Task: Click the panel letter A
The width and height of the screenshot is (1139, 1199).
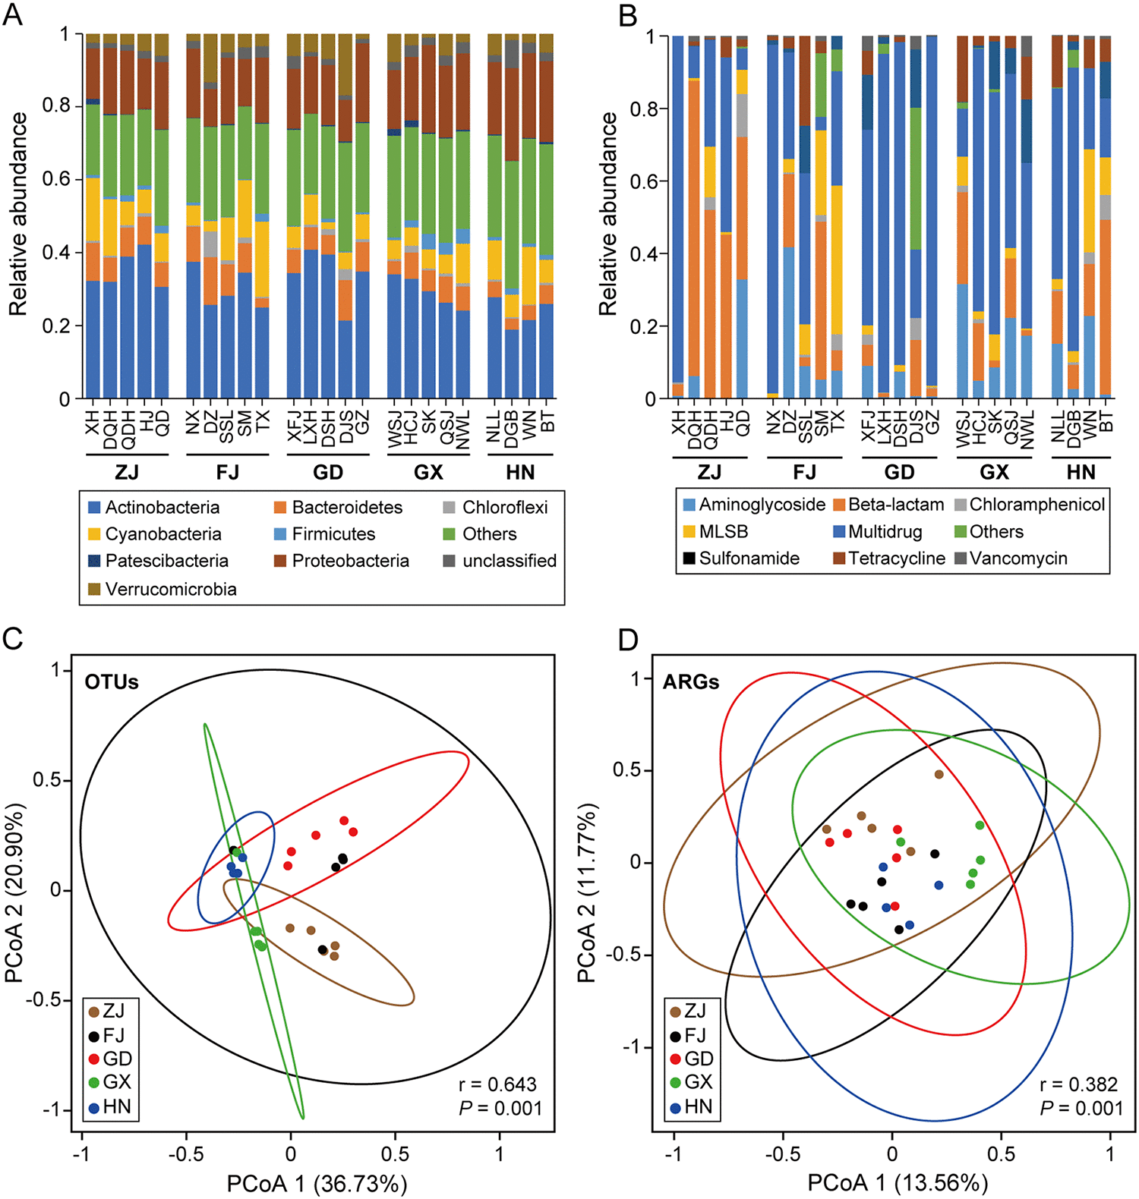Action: (13, 15)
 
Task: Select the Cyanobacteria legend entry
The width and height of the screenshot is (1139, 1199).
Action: (162, 534)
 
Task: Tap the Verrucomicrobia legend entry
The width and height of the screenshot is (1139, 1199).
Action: (170, 590)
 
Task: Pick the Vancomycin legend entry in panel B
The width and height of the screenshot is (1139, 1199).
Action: (1018, 559)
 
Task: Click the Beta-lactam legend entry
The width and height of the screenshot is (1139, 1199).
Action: (895, 505)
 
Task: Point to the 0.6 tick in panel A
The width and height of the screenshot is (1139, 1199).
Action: (56, 179)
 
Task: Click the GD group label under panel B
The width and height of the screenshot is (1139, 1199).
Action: (899, 473)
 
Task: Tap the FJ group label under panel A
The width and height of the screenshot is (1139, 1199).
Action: (227, 473)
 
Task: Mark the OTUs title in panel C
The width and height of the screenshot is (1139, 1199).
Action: (112, 682)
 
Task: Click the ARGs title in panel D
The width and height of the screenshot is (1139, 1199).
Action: (690, 682)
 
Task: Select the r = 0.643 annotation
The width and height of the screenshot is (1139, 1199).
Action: (497, 1084)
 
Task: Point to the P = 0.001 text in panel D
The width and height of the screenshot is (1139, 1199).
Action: (1081, 1108)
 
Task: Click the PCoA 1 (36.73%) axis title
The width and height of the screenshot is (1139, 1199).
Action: (317, 1183)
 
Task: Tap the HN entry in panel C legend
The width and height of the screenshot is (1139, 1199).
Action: (116, 1106)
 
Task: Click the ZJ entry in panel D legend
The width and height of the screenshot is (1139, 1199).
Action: (694, 1011)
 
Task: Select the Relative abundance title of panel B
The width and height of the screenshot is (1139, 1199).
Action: (608, 214)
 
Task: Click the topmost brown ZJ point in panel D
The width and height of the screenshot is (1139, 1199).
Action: (939, 775)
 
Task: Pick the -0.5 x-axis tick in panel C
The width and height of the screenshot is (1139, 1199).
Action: (186, 1153)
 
